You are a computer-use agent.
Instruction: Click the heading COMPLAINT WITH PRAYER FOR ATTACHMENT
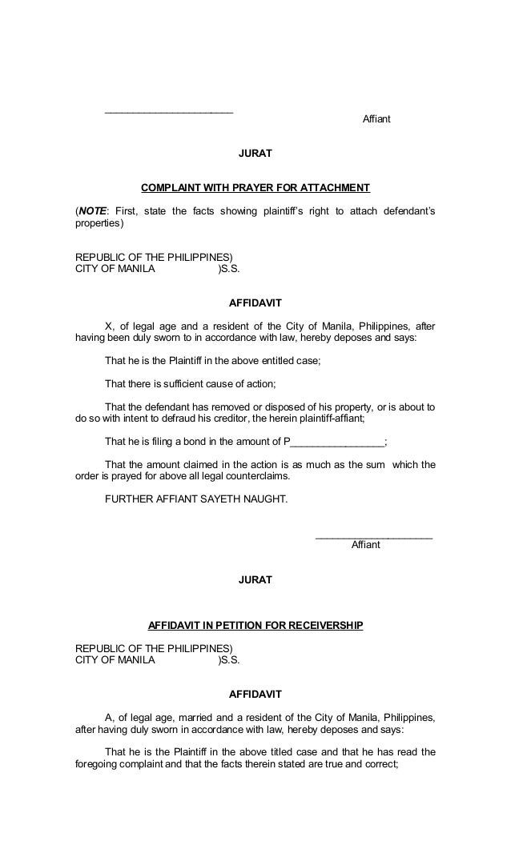click(x=255, y=189)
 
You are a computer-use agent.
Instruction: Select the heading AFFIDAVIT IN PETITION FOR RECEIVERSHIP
click(x=255, y=624)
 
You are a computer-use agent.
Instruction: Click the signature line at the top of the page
click(x=169, y=111)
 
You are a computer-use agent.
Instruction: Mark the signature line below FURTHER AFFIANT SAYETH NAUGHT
click(x=374, y=537)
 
